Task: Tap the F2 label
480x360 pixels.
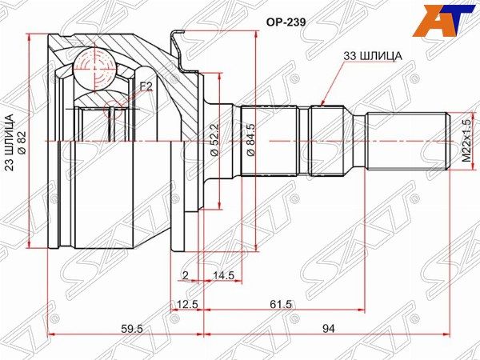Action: (x=146, y=86)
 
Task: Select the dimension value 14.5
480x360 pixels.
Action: (x=223, y=276)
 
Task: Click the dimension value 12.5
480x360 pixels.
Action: (x=186, y=306)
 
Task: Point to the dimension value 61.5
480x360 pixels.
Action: (x=280, y=306)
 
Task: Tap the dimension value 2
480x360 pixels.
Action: (x=184, y=276)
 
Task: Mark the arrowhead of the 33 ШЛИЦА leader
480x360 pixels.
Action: (x=321, y=104)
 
